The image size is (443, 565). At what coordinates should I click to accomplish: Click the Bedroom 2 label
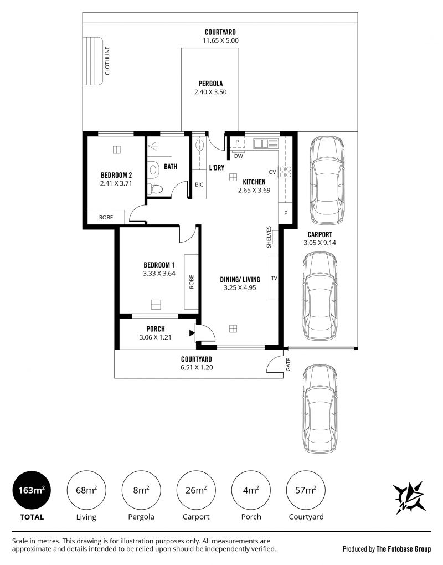pyautogui.click(x=116, y=175)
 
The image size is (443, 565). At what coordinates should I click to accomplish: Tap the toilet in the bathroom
pyautogui.click(x=156, y=189)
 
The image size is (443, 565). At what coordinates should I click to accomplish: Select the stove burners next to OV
pyautogui.click(x=285, y=172)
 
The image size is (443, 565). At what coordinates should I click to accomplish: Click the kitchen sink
pyautogui.click(x=266, y=143)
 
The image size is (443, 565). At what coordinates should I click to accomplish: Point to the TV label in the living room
pyautogui.click(x=274, y=278)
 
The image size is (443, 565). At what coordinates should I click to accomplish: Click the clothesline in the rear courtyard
pyautogui.click(x=93, y=61)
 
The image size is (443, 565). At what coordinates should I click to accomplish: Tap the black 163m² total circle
pyautogui.click(x=32, y=490)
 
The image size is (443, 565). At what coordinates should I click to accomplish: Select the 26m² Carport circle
pyautogui.click(x=196, y=490)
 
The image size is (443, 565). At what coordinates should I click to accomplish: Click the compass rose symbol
pyautogui.click(x=409, y=497)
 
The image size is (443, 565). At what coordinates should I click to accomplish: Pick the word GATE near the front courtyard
pyautogui.click(x=288, y=364)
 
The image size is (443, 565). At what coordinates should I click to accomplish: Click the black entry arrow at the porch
pyautogui.click(x=192, y=333)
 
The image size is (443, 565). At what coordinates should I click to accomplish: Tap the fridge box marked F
pyautogui.click(x=286, y=213)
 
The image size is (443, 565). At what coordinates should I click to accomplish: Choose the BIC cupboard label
pyautogui.click(x=199, y=184)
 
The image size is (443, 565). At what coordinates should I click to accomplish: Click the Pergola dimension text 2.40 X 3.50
pyautogui.click(x=210, y=92)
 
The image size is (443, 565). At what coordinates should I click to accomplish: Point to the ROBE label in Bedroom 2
pyautogui.click(x=106, y=217)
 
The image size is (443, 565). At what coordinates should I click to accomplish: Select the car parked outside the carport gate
pyautogui.click(x=320, y=408)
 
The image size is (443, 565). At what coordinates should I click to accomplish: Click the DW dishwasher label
pyautogui.click(x=239, y=156)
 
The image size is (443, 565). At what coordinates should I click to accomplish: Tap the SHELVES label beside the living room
pyautogui.click(x=269, y=237)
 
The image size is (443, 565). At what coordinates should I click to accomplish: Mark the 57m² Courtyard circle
pyautogui.click(x=306, y=490)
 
